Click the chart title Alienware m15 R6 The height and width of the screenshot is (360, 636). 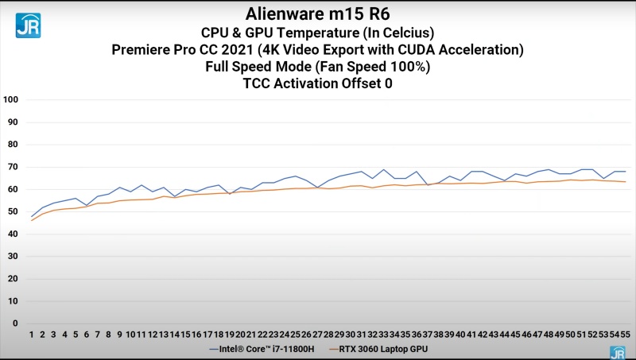[317, 14]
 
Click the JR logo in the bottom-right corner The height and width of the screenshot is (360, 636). [617, 351]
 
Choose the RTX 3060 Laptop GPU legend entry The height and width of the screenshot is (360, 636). [380, 348]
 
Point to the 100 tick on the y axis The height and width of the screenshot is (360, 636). [10, 100]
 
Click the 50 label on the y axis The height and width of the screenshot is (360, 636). [12, 211]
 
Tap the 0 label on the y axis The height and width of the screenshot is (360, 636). [15, 323]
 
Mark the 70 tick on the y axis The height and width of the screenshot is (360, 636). [12, 167]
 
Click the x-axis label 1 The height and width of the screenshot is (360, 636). [32, 335]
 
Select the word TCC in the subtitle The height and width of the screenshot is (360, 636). [258, 83]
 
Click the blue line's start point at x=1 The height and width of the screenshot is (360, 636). [32, 216]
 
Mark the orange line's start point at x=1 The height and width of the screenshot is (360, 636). [32, 220]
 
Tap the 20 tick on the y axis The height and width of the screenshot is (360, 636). [12, 279]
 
